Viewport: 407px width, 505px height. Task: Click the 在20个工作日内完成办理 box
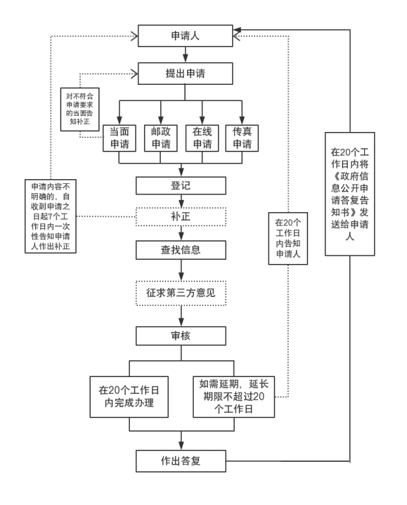128,397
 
